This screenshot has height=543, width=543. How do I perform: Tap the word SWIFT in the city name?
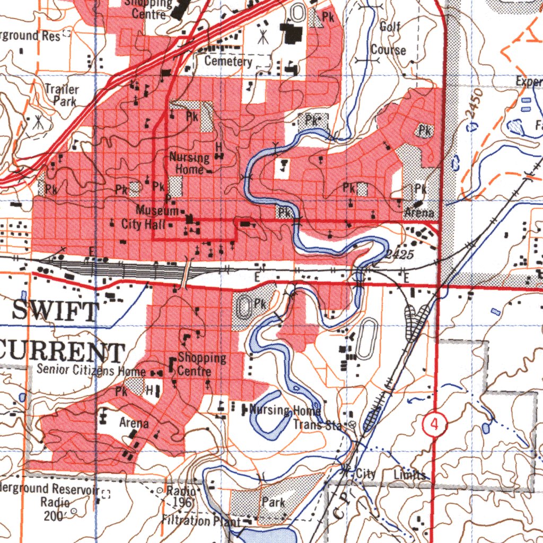(x=56, y=311)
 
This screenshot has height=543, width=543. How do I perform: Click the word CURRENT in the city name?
(x=62, y=352)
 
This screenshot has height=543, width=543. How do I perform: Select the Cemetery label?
(x=229, y=62)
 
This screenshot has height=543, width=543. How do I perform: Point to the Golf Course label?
(x=389, y=38)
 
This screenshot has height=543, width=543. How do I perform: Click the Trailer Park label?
(x=62, y=95)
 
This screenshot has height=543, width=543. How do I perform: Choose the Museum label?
(x=157, y=211)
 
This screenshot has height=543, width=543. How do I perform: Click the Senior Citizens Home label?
(x=91, y=370)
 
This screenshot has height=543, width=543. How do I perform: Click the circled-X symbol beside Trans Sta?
(x=352, y=425)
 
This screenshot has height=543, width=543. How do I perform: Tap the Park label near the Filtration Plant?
(x=274, y=502)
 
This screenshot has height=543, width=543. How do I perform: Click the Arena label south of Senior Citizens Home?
(x=134, y=424)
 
